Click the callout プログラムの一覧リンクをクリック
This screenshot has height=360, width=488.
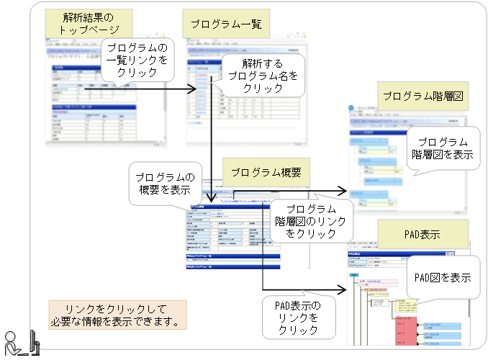[x=136, y=60]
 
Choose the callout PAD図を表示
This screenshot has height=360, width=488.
[x=442, y=276]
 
